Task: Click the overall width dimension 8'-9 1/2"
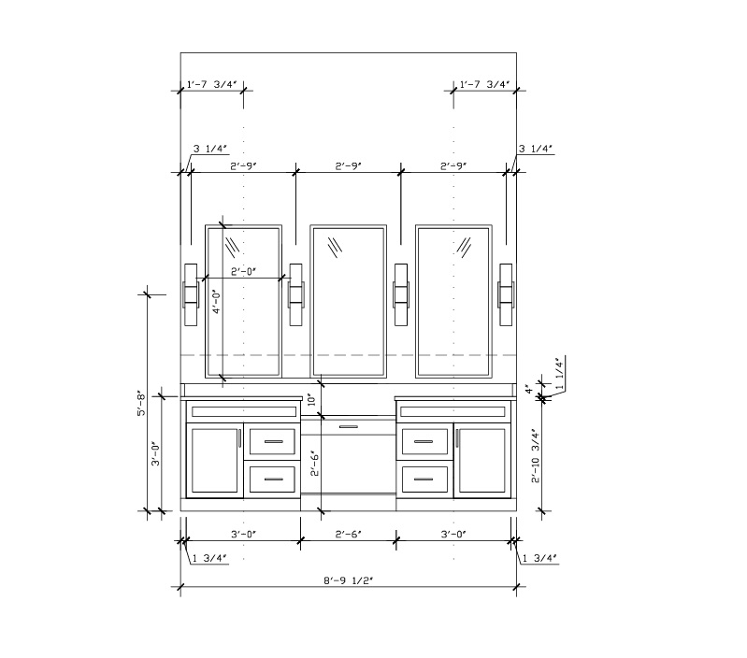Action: click(x=348, y=579)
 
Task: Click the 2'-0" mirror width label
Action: click(x=243, y=272)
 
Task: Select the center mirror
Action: click(x=348, y=302)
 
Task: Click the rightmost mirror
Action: click(x=453, y=302)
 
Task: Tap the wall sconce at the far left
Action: click(x=190, y=295)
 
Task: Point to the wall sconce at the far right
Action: click(x=507, y=295)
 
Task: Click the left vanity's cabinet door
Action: click(x=214, y=459)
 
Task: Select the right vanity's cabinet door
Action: click(x=482, y=459)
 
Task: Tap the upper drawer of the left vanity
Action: click(x=273, y=442)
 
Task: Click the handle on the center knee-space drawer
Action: click(x=348, y=426)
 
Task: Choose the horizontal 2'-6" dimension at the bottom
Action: click(x=348, y=534)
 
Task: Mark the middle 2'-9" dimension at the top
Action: click(x=348, y=165)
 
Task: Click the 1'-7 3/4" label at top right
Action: click(x=484, y=85)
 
